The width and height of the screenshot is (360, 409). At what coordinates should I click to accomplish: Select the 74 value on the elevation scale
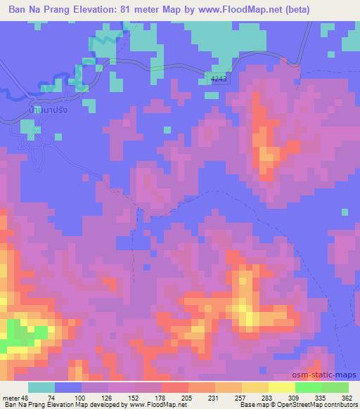pos(51,398)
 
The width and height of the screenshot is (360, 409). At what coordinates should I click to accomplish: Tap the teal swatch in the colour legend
pos(41,387)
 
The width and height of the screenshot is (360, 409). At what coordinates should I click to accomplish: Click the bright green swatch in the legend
pos(309,387)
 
